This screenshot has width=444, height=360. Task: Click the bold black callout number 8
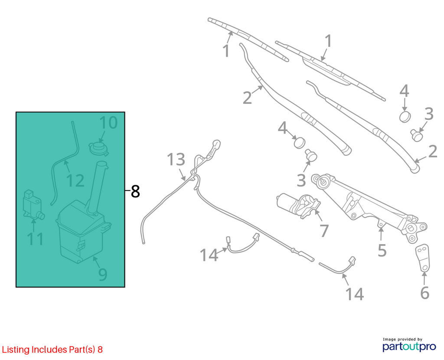pyautogui.click(x=135, y=191)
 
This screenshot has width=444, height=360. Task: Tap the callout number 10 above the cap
pyautogui.click(x=108, y=123)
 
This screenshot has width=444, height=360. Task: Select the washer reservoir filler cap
pyautogui.click(x=98, y=149)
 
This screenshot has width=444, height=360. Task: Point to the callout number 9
pyautogui.click(x=102, y=274)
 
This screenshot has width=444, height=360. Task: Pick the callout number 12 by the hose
pyautogui.click(x=75, y=181)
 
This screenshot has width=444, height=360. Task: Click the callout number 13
pyautogui.click(x=176, y=159)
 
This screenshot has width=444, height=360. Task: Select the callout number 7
pyautogui.click(x=324, y=231)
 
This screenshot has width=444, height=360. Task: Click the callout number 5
pyautogui.click(x=382, y=250)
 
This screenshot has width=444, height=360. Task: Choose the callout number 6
pyautogui.click(x=424, y=293)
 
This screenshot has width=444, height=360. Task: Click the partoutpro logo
pyautogui.click(x=409, y=347)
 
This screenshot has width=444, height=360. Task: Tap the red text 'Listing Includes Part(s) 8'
pyautogui.click(x=52, y=350)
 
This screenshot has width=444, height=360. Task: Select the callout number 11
pyautogui.click(x=36, y=239)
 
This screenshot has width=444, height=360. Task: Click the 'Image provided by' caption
pyautogui.click(x=402, y=339)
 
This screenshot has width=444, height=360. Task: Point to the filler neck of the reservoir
pyautogui.click(x=97, y=187)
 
